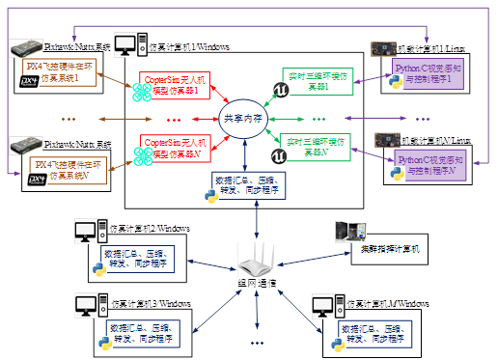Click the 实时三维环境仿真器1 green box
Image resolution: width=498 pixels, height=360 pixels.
[x=313, y=80]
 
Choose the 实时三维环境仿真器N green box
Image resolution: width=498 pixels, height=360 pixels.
[x=315, y=147]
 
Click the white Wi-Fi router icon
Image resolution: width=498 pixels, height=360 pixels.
[x=258, y=260]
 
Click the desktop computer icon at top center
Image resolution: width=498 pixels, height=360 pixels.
[x=125, y=45]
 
